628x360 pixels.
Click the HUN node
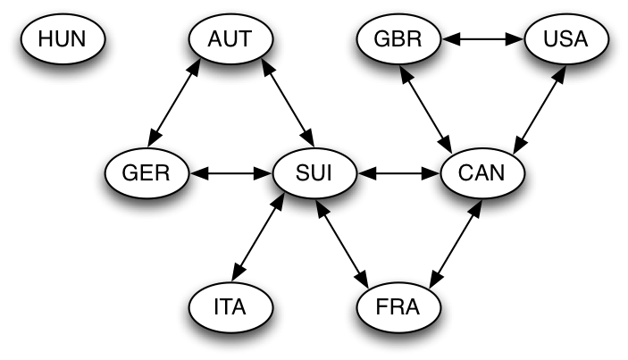click(x=63, y=39)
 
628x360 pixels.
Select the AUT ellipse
click(x=230, y=39)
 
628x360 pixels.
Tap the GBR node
click(x=398, y=39)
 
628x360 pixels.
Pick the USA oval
click(x=566, y=39)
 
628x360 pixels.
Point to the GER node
click(x=147, y=172)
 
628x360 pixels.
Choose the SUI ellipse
click(x=314, y=172)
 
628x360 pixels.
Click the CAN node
click(x=482, y=172)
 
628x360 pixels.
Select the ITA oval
click(x=230, y=307)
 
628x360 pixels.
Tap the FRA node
click(x=398, y=307)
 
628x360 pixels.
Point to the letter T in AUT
click(x=245, y=39)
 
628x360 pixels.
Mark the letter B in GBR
click(x=398, y=39)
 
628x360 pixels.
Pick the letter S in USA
click(x=566, y=39)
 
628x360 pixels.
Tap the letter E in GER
click(x=147, y=172)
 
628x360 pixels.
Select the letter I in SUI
click(x=329, y=172)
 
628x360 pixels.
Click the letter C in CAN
click(x=466, y=172)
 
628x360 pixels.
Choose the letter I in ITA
click(x=217, y=307)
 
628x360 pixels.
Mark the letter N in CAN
click(x=498, y=172)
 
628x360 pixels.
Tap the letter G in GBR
click(x=382, y=39)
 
